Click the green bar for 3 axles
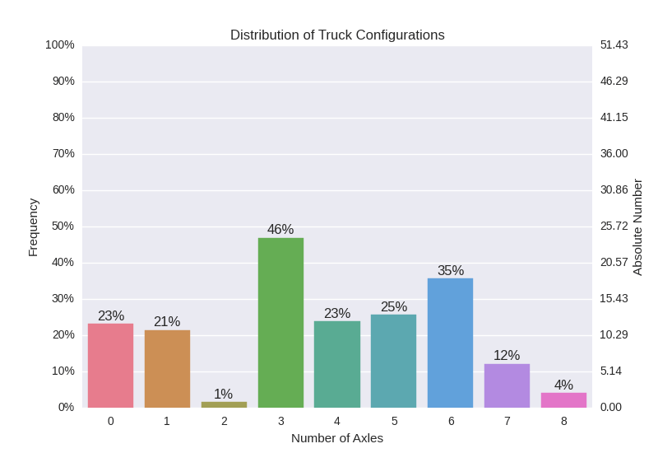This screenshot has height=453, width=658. [x=280, y=322]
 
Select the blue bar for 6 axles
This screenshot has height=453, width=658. [x=450, y=343]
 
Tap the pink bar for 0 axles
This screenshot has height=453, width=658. [x=110, y=365]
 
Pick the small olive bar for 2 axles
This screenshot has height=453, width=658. [x=224, y=404]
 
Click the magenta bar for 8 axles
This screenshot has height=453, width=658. [x=563, y=399]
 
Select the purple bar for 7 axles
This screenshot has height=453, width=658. [x=507, y=385]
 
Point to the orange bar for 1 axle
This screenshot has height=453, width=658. [x=167, y=368]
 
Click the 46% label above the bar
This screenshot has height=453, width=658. [x=280, y=229]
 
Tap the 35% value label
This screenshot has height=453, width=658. [x=450, y=270]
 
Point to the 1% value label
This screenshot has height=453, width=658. [x=224, y=394]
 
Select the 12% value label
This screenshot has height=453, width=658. [x=507, y=355]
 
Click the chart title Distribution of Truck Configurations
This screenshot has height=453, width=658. [x=337, y=35]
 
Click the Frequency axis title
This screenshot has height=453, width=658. [x=33, y=226]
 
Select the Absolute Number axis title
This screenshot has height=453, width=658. [x=637, y=226]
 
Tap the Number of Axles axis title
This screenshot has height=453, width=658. [x=337, y=437]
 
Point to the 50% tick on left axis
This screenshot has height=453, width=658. [x=63, y=226]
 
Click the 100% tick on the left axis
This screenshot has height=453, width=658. [x=61, y=44]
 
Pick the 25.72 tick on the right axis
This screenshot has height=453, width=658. [x=614, y=226]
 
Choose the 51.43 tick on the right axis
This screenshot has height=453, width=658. [x=614, y=44]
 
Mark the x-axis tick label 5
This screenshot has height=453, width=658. [x=394, y=421]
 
